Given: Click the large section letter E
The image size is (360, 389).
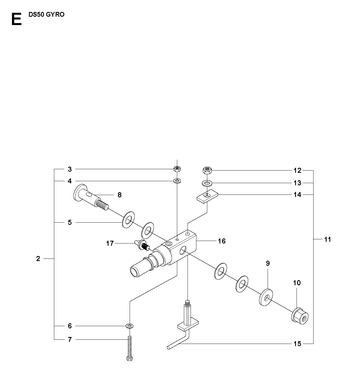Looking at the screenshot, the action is click(16, 19).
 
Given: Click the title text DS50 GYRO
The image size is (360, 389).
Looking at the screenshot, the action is click(46, 15).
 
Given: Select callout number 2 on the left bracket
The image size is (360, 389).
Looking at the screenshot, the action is click(38, 258).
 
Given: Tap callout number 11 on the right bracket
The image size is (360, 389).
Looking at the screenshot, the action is click(328, 239).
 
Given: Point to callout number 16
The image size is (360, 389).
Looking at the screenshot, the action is click(222, 241).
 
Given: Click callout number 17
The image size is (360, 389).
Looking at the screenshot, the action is click(110, 243).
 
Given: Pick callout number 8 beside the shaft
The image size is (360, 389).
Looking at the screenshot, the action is click(119, 195).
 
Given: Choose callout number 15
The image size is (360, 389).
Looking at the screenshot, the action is click(297, 343).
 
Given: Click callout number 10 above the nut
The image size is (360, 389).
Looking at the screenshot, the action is click(297, 283).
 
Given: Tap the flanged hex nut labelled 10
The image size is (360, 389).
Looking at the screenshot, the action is click(300, 316).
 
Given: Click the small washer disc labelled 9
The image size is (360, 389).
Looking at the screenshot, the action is click(266, 297).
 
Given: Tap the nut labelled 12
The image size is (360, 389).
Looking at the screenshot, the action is click(207, 170).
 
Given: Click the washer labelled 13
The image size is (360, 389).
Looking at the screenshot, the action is click(207, 183).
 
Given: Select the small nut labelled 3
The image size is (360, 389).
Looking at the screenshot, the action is click(177, 169).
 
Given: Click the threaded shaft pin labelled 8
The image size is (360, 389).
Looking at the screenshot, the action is click(90, 197).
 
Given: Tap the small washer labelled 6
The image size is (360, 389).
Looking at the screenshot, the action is click(130, 325).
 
